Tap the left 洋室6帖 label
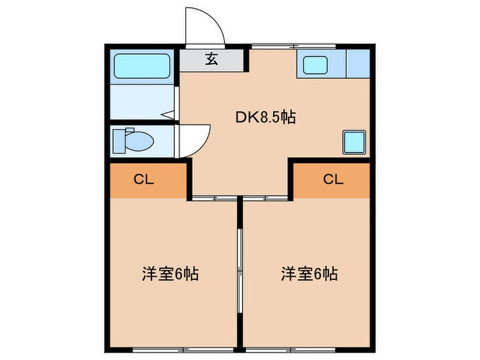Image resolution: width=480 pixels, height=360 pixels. [x=170, y=274]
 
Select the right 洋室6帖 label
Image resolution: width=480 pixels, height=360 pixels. [x=309, y=274]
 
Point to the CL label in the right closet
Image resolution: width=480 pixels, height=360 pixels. [x=333, y=179]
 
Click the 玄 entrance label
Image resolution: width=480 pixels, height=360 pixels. [x=212, y=59]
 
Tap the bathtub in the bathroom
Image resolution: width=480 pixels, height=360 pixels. [x=142, y=66]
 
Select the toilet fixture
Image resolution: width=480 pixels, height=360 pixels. [x=133, y=140]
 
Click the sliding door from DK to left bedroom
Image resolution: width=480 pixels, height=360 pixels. [x=214, y=198]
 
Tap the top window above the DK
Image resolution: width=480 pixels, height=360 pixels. [x=293, y=45]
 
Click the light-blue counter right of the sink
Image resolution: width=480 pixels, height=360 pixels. [x=357, y=64]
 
